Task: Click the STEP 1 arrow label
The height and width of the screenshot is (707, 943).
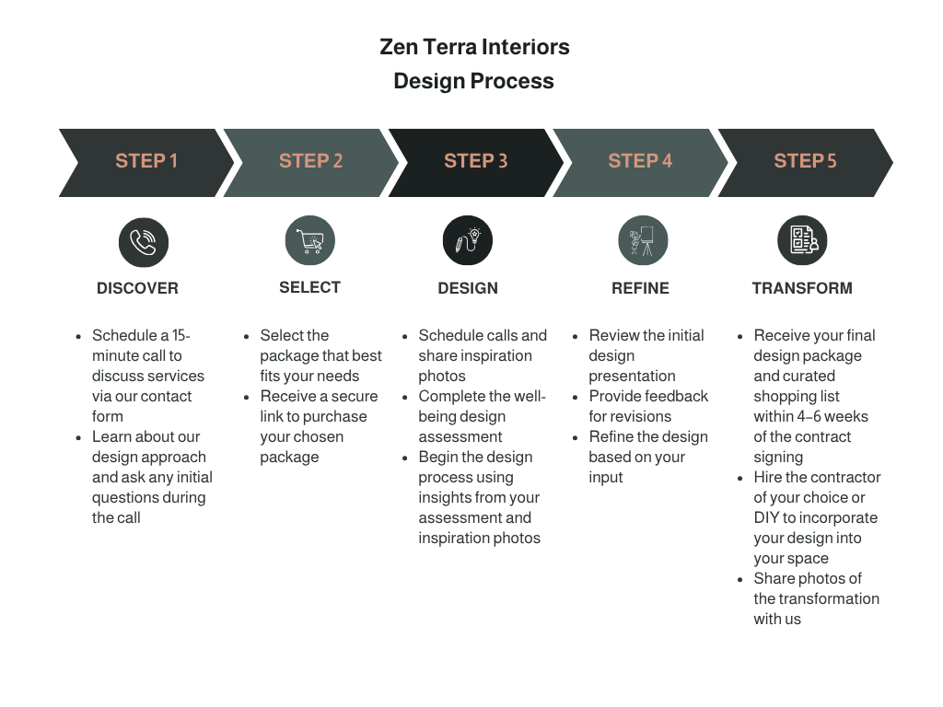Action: pyautogui.click(x=146, y=161)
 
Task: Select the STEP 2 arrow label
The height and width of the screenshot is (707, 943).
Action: pyautogui.click(x=310, y=161)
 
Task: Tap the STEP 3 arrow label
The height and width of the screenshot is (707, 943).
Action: pyautogui.click(x=475, y=161)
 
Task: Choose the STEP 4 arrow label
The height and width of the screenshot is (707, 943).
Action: pyautogui.click(x=640, y=161)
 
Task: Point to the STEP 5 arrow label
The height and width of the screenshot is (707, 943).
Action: pyautogui.click(x=805, y=161)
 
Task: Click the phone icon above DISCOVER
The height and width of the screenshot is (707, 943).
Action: pyautogui.click(x=143, y=242)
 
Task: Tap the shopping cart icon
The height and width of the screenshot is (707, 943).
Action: pyautogui.click(x=309, y=242)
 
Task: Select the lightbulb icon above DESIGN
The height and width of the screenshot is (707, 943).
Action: pyautogui.click(x=468, y=241)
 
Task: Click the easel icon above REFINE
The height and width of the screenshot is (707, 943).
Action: pyautogui.click(x=642, y=241)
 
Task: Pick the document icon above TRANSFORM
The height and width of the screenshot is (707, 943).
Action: pyautogui.click(x=802, y=241)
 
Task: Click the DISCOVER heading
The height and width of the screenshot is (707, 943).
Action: pyautogui.click(x=137, y=288)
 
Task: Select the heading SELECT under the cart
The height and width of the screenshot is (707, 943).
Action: pyautogui.click(x=309, y=287)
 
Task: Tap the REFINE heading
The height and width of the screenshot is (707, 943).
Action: pyautogui.click(x=640, y=288)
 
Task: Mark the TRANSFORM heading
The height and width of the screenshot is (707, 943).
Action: pyautogui.click(x=801, y=288)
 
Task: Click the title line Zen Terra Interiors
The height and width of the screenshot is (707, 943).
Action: pyautogui.click(x=474, y=47)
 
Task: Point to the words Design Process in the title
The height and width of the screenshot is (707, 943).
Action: pyautogui.click(x=473, y=81)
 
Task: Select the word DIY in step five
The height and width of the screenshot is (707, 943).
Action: pyautogui.click(x=766, y=517)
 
